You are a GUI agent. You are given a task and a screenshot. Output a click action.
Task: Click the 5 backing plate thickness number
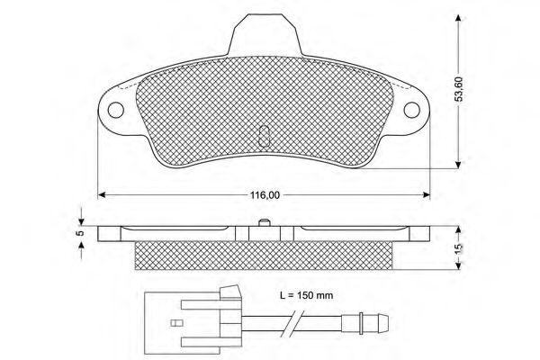79,233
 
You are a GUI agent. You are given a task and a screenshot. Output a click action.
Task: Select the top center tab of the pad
263,36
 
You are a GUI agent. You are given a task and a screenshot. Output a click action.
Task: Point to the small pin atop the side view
263,223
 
